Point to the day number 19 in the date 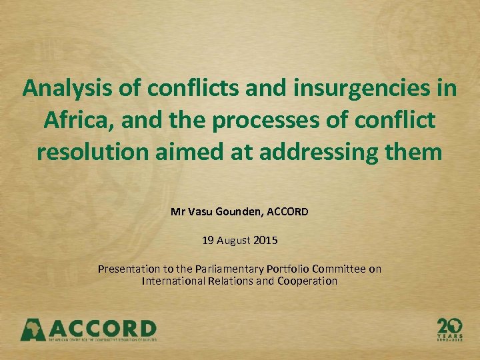click(207, 241)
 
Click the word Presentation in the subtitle click(129, 269)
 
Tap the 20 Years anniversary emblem click(450, 328)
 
